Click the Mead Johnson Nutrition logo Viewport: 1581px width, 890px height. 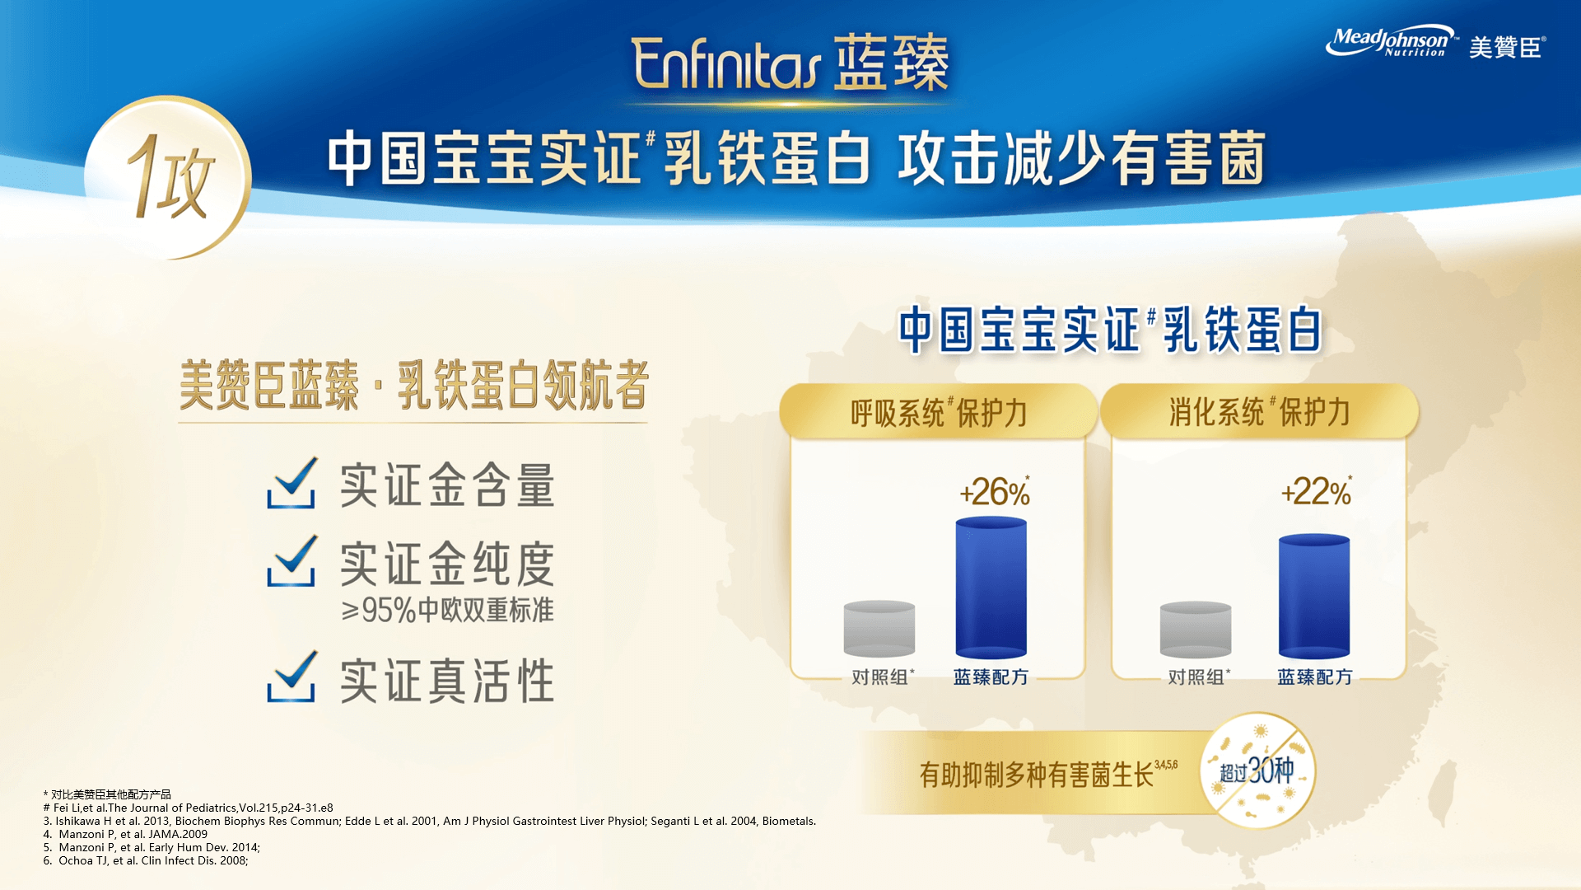1391,41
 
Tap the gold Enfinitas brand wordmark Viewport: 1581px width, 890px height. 726,63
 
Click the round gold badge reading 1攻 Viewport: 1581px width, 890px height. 168,177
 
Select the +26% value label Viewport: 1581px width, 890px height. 995,492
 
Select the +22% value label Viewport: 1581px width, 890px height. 1316,492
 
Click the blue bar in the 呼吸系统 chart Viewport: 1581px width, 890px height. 991,588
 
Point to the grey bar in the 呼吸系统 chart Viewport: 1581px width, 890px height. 879,629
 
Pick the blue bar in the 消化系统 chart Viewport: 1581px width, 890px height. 1314,597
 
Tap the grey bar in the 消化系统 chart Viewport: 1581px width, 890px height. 1196,630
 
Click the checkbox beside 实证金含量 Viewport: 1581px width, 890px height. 291,484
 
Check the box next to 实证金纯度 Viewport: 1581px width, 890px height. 291,561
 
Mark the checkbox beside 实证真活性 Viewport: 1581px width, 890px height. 291,677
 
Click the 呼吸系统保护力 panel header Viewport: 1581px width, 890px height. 938,411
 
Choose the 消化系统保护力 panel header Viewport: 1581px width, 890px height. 1259,411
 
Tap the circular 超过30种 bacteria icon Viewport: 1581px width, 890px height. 1257,771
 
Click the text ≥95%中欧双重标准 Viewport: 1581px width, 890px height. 447,611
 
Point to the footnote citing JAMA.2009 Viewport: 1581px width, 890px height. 125,834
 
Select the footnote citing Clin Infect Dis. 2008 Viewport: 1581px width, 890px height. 146,860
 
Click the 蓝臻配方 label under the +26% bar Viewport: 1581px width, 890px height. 991,677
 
